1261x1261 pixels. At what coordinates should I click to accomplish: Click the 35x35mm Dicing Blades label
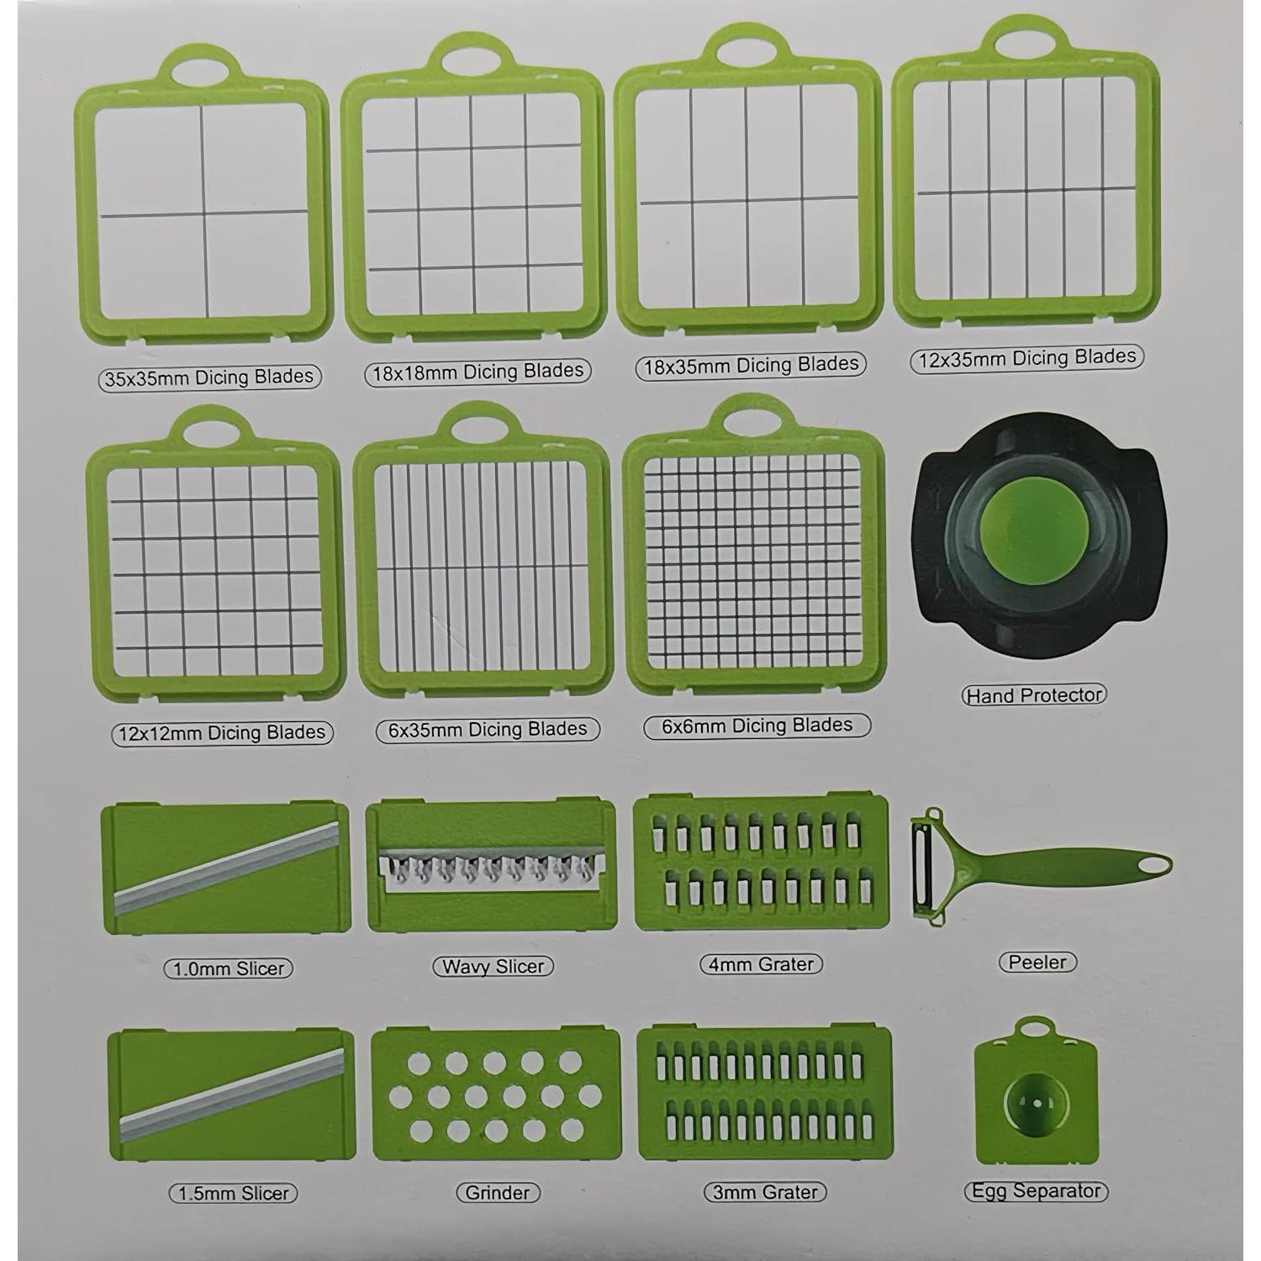point(208,377)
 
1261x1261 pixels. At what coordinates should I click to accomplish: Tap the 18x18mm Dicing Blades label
point(477,372)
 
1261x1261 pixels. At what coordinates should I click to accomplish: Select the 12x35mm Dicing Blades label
point(1026,358)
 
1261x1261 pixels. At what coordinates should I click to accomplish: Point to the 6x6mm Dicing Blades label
point(757,725)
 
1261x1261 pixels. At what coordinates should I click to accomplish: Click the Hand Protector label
point(1033,695)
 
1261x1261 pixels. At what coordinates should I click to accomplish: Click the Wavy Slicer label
point(493,967)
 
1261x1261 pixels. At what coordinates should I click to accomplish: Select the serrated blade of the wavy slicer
point(491,866)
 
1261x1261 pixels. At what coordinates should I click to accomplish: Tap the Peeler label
point(1037,963)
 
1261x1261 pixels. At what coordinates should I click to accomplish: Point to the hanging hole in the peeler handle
point(1153,864)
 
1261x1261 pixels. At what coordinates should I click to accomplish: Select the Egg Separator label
point(1035,1191)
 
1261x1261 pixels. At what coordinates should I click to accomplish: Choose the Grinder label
point(497,1192)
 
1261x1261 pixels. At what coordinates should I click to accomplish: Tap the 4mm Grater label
point(761,964)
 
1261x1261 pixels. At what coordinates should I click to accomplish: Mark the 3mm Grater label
point(765,1192)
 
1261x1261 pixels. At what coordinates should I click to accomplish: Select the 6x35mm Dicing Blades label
point(488,729)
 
